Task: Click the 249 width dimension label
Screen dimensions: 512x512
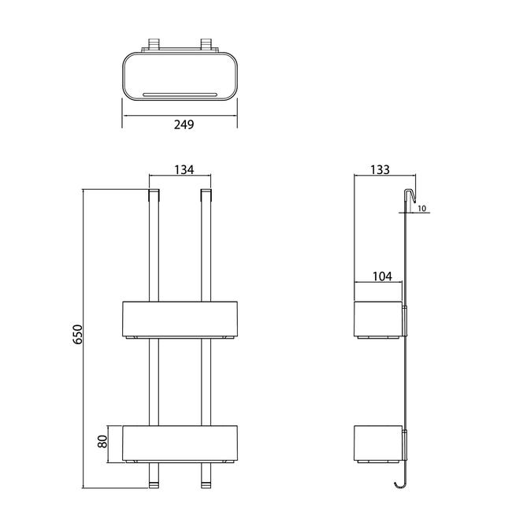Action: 184,124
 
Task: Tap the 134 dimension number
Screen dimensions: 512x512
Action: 184,170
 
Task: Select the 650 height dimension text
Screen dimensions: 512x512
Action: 78,334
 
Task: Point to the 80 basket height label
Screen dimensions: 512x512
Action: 102,441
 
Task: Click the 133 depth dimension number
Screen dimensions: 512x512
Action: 380,170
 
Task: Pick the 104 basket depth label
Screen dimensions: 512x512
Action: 382,276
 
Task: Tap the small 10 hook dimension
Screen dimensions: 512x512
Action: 422,208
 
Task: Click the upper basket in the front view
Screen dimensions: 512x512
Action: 180,319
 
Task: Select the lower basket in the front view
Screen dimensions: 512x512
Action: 180,443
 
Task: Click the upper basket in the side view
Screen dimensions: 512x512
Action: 378,319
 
